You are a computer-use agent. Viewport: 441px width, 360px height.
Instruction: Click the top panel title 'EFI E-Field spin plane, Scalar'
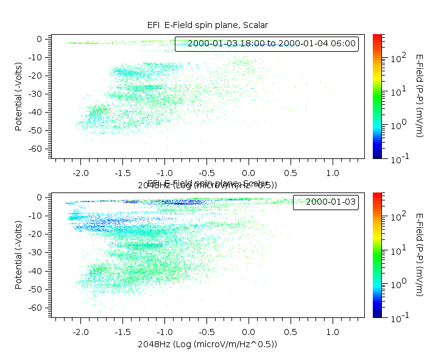click(x=207, y=25)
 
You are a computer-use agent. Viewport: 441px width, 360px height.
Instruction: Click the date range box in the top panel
click(x=266, y=44)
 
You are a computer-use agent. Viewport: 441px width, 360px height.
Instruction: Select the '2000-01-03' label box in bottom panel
click(x=326, y=202)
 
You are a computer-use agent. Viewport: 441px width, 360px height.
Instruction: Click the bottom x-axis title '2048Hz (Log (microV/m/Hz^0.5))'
click(x=207, y=344)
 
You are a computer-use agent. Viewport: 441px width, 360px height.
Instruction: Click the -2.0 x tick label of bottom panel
click(x=80, y=332)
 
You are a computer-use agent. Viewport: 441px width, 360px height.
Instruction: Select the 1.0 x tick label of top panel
click(x=333, y=174)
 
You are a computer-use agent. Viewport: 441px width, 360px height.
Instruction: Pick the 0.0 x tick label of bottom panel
click(x=249, y=332)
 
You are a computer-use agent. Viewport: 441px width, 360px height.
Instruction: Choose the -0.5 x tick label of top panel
click(x=206, y=174)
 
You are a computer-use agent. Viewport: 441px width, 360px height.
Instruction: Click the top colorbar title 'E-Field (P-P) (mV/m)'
click(x=420, y=96)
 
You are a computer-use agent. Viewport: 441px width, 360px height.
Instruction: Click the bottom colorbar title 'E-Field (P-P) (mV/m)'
click(x=420, y=255)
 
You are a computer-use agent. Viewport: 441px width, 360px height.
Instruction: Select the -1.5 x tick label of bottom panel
click(x=122, y=332)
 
